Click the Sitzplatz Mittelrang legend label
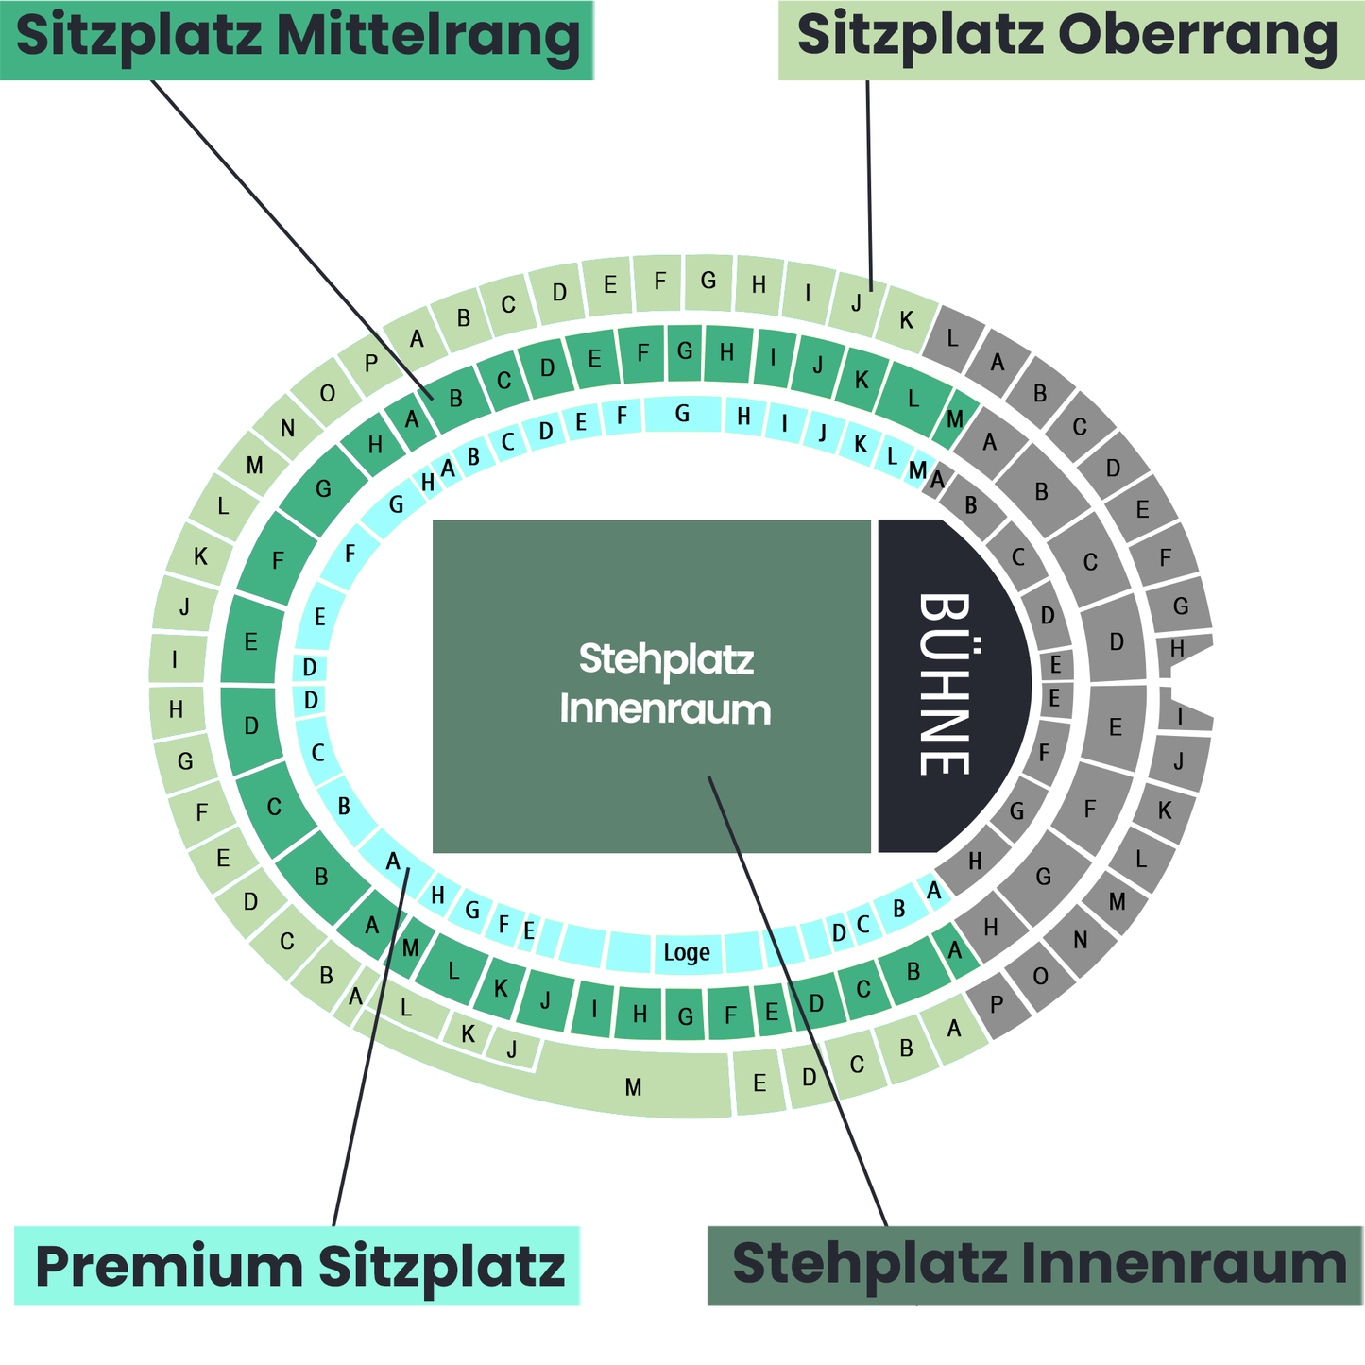click(297, 40)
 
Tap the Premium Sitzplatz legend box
click(299, 1266)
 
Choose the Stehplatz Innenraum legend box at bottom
click(1036, 1266)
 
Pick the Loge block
click(687, 952)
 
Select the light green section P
click(370, 364)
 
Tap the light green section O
click(327, 394)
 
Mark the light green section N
click(287, 429)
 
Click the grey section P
click(997, 1005)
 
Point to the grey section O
click(1040, 976)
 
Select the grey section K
click(1165, 810)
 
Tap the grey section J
click(1179, 761)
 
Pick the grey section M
click(1118, 901)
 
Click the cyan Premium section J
click(823, 434)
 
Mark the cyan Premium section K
click(861, 444)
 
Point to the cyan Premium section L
click(892, 456)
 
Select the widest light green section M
click(634, 1086)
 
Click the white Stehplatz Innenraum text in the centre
click(665, 683)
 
